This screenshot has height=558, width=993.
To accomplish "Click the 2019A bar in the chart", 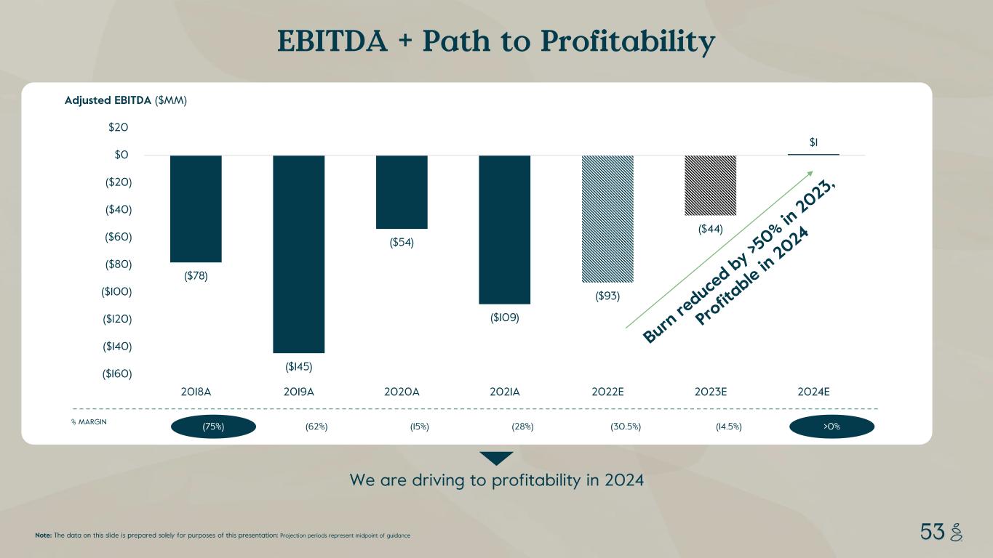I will [298, 254].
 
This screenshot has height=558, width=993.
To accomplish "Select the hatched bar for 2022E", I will [607, 219].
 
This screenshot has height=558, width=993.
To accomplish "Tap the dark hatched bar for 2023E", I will [710, 185].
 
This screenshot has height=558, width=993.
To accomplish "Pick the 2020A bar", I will [402, 192].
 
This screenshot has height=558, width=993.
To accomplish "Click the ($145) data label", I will [298, 366].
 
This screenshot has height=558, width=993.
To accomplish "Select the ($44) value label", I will [710, 229].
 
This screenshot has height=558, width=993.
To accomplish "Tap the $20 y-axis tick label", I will [119, 128].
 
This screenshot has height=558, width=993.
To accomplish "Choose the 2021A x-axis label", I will [504, 392].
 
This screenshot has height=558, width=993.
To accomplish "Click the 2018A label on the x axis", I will [196, 392].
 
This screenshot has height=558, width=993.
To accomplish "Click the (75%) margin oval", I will [213, 426].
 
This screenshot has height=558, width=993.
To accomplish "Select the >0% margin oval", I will [832, 426].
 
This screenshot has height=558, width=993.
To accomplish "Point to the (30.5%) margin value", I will [626, 426].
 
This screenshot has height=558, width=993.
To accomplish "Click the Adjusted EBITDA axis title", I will [108, 101].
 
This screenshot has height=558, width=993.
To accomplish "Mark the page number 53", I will [931, 533].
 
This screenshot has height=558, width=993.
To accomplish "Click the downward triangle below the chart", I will [496, 458].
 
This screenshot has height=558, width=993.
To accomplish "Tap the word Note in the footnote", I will [43, 535].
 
